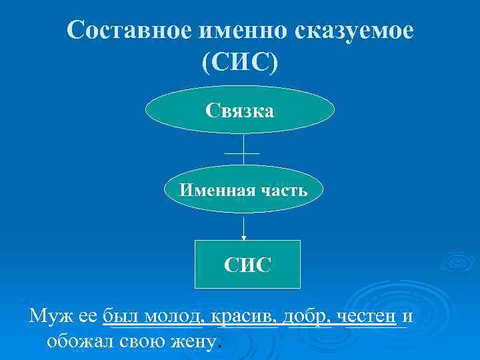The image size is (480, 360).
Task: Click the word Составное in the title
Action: (125, 31)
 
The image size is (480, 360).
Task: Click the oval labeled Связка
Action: (240, 109)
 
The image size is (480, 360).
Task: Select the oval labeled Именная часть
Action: (244, 191)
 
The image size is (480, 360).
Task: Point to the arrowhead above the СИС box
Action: (243, 237)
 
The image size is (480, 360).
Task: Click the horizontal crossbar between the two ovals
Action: (242, 153)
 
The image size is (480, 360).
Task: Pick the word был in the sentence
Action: (119, 316)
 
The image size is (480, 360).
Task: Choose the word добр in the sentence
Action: (306, 316)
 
